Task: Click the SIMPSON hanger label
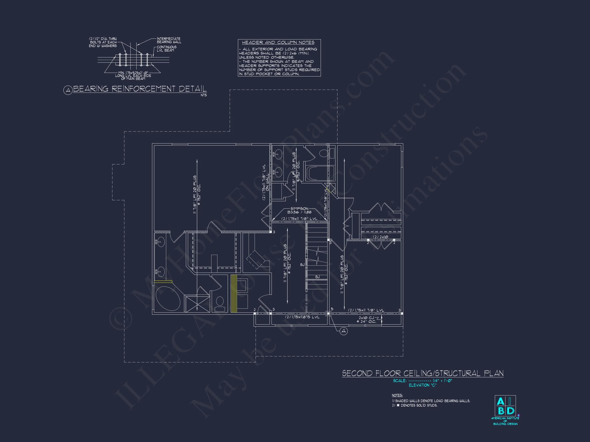click(299, 211)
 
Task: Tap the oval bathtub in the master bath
click(168, 299)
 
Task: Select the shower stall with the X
click(197, 304)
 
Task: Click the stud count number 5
click(332, 309)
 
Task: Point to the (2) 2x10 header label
click(380, 237)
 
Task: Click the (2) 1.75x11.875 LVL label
click(302, 317)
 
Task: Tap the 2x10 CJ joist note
click(367, 320)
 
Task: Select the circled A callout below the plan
click(344, 331)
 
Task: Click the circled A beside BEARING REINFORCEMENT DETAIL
click(68, 91)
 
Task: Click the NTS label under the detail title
click(204, 95)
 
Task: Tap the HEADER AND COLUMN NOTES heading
click(278, 43)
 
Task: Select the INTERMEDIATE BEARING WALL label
click(168, 40)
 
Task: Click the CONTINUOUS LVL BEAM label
click(166, 49)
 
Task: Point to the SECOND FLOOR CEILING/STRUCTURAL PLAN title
click(423, 373)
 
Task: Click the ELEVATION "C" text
click(422, 385)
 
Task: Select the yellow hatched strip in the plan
click(234, 293)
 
